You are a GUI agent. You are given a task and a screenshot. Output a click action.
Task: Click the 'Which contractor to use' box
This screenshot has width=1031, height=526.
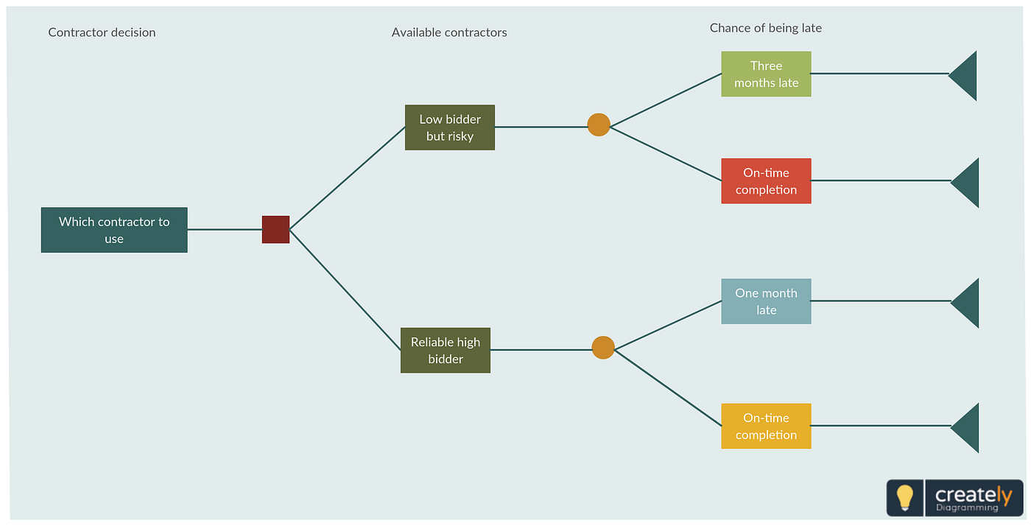click(x=114, y=230)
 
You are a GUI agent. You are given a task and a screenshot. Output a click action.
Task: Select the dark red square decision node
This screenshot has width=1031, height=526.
click(x=275, y=230)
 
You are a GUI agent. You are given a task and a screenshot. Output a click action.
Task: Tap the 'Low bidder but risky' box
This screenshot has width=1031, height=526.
click(x=450, y=127)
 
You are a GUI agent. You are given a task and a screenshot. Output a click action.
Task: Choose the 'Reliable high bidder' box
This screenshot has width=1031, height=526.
click(x=446, y=350)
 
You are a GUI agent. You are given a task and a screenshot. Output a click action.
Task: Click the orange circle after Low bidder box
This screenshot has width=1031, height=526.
click(x=599, y=125)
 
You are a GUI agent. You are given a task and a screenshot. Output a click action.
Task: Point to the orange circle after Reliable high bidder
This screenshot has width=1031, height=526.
click(x=603, y=348)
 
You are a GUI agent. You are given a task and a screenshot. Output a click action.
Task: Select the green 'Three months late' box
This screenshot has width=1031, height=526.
click(x=766, y=74)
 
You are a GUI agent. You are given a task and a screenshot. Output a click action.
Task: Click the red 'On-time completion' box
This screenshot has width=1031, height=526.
click(x=766, y=180)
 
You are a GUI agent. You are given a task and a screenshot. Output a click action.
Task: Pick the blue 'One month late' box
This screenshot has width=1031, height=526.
click(x=766, y=301)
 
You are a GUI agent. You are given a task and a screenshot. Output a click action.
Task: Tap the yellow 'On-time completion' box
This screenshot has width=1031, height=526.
click(x=766, y=426)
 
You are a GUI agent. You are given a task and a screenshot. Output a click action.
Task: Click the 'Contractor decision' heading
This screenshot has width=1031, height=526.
click(x=102, y=32)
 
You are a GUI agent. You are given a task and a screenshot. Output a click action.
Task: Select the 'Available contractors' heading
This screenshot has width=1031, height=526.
click(x=449, y=32)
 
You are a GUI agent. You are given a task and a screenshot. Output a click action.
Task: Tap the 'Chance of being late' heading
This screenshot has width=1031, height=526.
click(x=766, y=28)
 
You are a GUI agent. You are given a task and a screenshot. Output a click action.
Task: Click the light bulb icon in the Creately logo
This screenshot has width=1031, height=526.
click(x=905, y=498)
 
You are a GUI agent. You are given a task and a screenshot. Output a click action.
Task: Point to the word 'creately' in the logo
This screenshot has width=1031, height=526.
click(x=974, y=494)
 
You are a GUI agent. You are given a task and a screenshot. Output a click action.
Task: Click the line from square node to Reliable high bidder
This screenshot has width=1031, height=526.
click(x=345, y=290)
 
